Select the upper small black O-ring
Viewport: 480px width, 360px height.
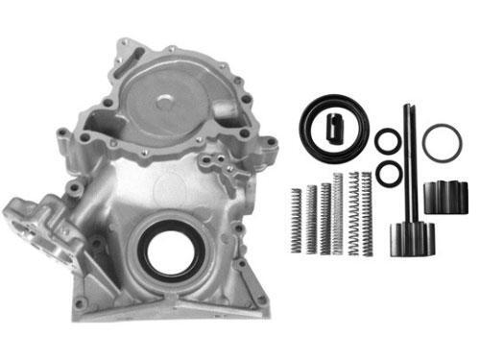(388, 142)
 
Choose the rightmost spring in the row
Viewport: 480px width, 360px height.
(366, 210)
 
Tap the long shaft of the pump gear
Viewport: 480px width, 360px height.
(408, 163)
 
